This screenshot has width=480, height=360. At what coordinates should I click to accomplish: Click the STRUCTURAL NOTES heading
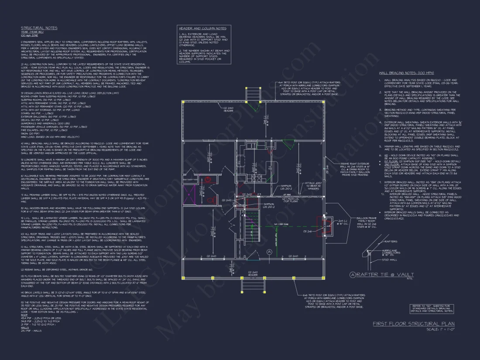coord(39,28)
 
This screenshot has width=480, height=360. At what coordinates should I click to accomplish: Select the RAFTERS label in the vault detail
coord(391,241)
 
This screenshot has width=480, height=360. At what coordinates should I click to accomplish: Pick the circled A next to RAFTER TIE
coord(353,274)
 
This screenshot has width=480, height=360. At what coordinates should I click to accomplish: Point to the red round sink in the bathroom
coord(209,179)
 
